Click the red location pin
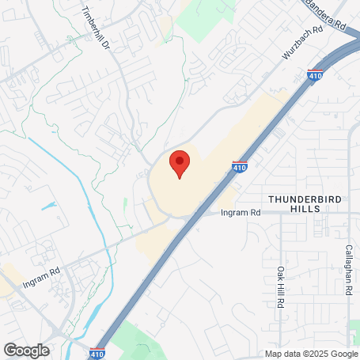pos(180,163)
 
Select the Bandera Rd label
pos(327,15)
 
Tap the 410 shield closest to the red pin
pos(239,168)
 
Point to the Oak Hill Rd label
pos(280,286)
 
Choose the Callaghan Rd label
pos(348,269)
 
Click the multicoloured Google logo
pos(26,350)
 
